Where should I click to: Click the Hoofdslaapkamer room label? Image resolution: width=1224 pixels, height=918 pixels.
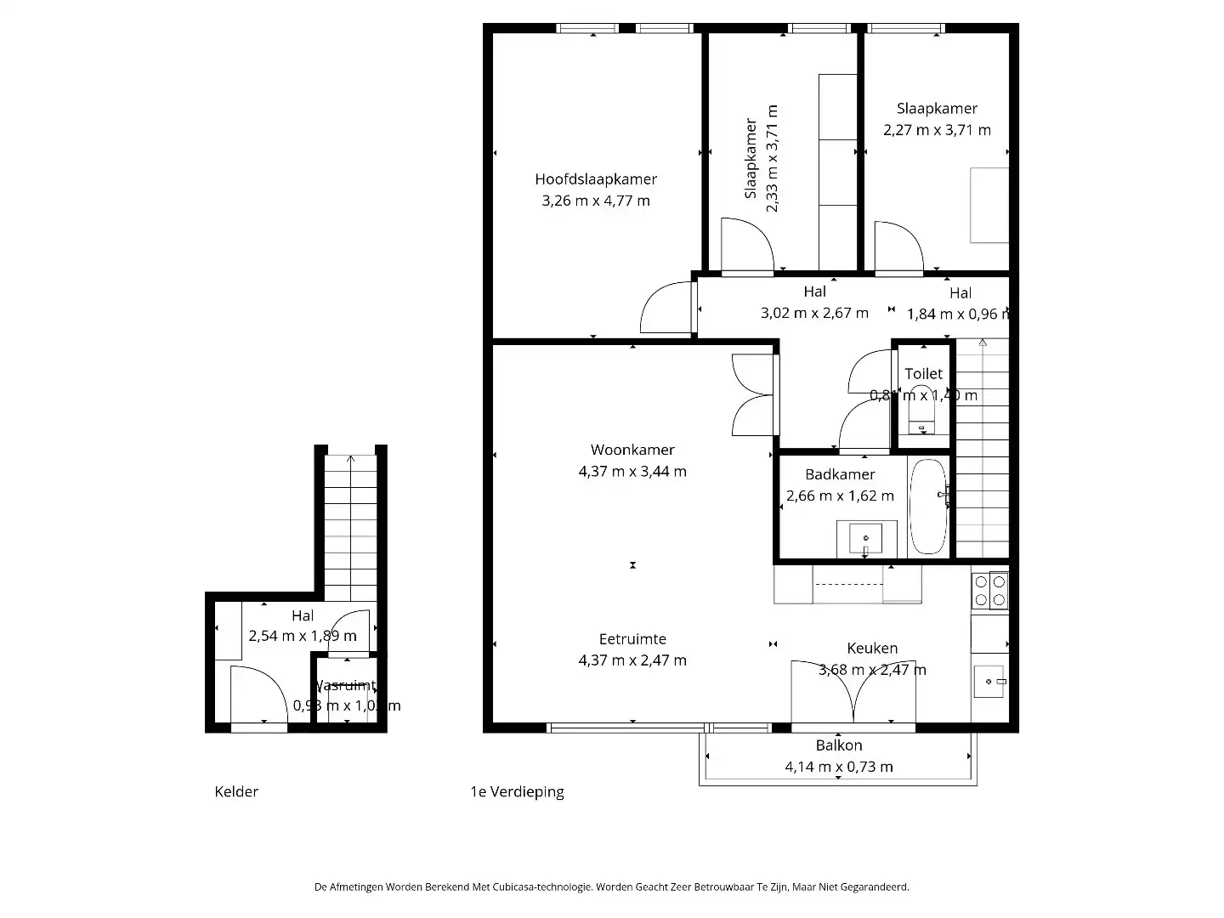coord(595,179)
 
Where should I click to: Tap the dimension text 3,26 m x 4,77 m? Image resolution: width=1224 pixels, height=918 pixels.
coord(595,201)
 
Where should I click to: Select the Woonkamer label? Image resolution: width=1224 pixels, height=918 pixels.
coord(632,450)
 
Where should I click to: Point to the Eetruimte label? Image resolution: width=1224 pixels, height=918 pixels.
coord(632,639)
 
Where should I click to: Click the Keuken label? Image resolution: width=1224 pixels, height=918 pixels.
coord(872,648)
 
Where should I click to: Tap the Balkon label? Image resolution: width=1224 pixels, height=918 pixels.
coord(839,745)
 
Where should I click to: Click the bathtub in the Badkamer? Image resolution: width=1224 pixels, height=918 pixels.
coord(928,507)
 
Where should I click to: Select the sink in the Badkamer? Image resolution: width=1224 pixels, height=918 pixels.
coord(866,539)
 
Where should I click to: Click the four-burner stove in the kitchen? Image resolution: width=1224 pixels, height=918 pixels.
coord(990,591)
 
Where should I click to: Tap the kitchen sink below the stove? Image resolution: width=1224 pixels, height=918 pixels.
coord(989,681)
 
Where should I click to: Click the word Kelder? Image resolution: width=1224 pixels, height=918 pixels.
coord(236,792)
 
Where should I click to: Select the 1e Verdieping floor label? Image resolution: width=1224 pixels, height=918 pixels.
coord(517,792)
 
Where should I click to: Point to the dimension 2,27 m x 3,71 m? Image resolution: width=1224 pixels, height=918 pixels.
coord(937,130)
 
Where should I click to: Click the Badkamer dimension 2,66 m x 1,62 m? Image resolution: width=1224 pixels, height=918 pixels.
coord(840,496)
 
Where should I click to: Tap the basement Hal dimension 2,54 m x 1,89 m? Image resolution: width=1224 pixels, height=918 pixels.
coord(303,636)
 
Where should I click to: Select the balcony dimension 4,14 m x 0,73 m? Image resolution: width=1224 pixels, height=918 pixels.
coord(839,767)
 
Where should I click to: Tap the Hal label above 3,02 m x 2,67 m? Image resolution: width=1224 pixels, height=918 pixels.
coord(814,292)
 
